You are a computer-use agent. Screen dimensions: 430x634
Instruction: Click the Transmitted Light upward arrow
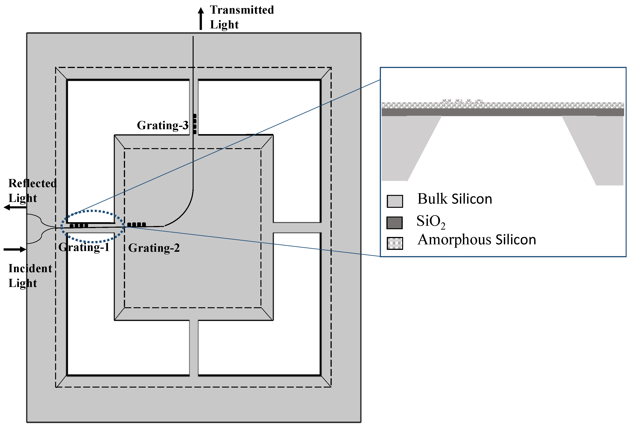click(x=201, y=19)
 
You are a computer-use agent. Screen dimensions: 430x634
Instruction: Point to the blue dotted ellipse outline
click(x=93, y=211)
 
